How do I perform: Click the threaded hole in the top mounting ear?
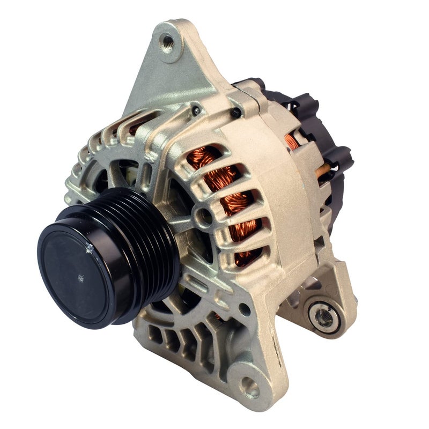[x=168, y=40]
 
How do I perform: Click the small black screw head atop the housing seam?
[x=234, y=112]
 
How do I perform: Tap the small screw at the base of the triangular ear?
[x=197, y=110]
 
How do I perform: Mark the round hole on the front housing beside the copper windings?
[x=202, y=217]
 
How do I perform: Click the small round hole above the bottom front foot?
[x=242, y=309]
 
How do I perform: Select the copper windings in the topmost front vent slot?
[x=205, y=156]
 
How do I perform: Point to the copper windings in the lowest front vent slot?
[x=247, y=255]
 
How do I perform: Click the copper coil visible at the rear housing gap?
[x=292, y=140]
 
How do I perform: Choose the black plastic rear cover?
[x=316, y=123]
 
